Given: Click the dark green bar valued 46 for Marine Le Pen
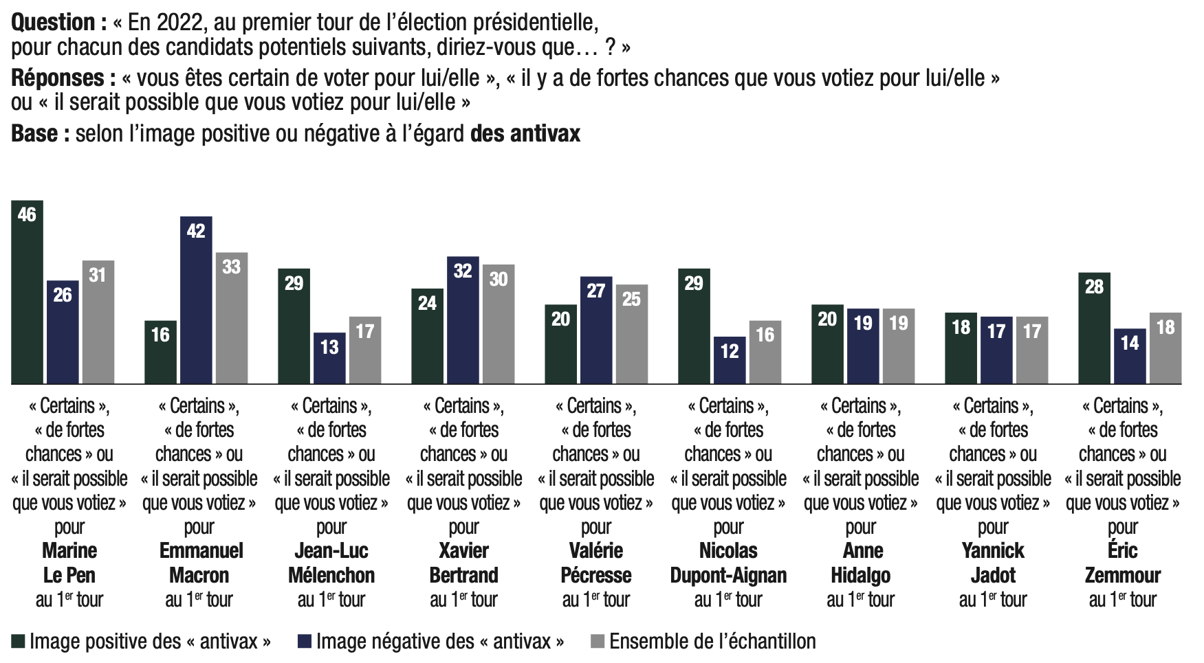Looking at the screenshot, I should [x=28, y=292].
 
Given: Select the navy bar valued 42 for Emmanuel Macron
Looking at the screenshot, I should [x=196, y=300].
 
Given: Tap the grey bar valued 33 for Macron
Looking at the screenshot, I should [x=232, y=318].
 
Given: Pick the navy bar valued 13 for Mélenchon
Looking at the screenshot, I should [x=329, y=358].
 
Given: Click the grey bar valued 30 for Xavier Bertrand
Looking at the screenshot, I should [x=499, y=324].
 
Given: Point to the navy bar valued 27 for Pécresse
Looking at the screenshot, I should [x=596, y=330].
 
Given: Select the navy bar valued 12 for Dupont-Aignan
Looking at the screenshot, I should [x=730, y=360].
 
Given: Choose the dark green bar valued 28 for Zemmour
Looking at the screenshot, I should [x=1094, y=328].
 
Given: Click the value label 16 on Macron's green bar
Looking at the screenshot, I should [x=160, y=335].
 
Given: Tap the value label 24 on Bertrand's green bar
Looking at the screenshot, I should [x=427, y=303].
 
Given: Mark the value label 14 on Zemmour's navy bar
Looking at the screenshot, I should [x=1130, y=343].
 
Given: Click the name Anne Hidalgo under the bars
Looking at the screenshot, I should [x=861, y=563].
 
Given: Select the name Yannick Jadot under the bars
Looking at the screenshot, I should [x=993, y=563].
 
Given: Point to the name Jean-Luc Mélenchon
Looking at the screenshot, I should [x=331, y=563].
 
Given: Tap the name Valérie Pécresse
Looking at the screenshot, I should [x=596, y=563].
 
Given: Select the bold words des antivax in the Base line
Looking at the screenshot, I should [x=525, y=133].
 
